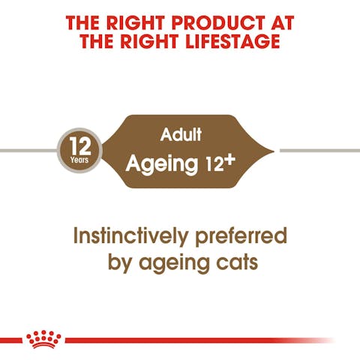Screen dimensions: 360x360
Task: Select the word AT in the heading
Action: coord(278,22)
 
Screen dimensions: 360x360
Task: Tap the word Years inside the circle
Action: coord(79,159)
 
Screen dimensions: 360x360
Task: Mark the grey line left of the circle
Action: coord(26,150)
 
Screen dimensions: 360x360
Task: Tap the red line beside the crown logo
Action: coord(187,340)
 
